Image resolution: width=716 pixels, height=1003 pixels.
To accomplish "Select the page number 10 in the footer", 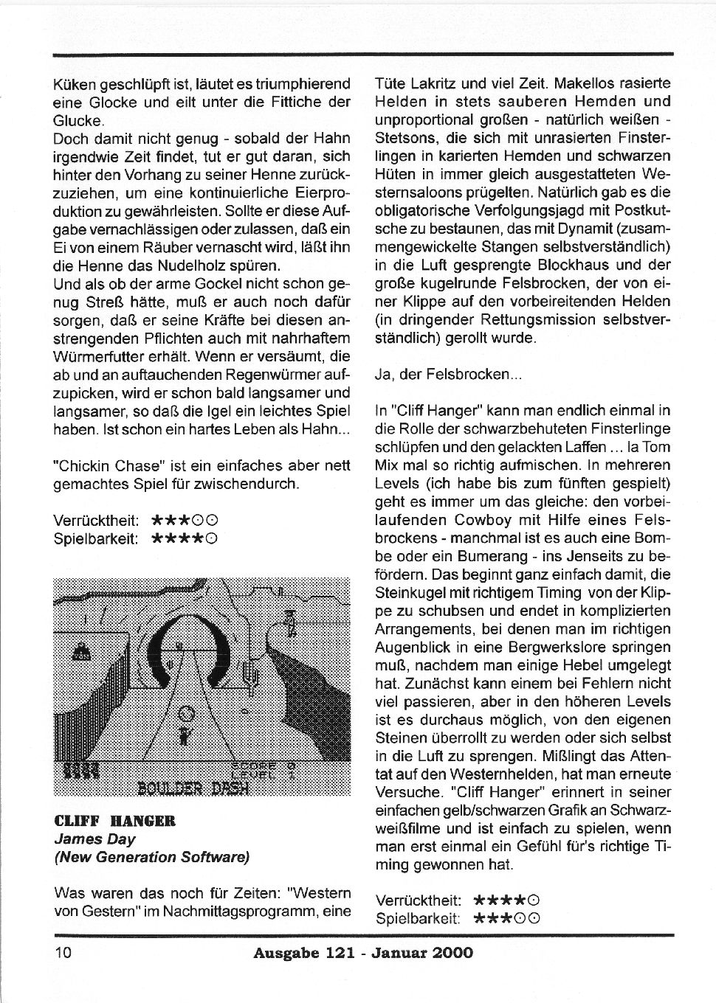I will click(62, 952).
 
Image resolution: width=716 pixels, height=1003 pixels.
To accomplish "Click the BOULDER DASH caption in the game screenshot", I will click(193, 786).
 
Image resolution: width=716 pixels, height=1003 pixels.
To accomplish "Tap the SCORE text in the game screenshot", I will click(253, 765).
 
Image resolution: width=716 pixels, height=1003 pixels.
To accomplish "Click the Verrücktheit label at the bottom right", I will click(418, 900).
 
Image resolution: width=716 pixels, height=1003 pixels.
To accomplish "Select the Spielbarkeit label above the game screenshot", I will click(96, 538).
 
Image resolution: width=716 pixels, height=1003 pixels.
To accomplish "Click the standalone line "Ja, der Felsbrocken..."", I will click(448, 374).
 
